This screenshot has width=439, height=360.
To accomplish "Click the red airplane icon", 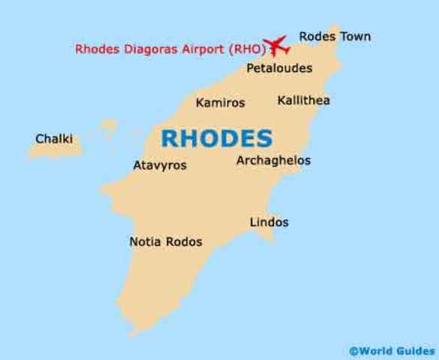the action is [x=278, y=45].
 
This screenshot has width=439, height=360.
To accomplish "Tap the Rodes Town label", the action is [x=335, y=36].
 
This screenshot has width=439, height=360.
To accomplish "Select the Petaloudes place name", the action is [x=279, y=68].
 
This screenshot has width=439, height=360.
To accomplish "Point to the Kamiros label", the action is [x=220, y=103].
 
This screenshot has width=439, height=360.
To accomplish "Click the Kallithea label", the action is [x=303, y=100].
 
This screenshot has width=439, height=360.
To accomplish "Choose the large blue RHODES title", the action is [x=217, y=138].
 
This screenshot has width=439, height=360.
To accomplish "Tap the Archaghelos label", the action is [x=273, y=160].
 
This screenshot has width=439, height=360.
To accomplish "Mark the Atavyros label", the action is [x=160, y=165].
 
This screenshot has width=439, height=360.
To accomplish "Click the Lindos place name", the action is [x=269, y=222].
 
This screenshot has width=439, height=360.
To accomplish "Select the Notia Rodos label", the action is [x=166, y=242].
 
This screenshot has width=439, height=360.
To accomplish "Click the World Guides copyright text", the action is [x=391, y=350].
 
